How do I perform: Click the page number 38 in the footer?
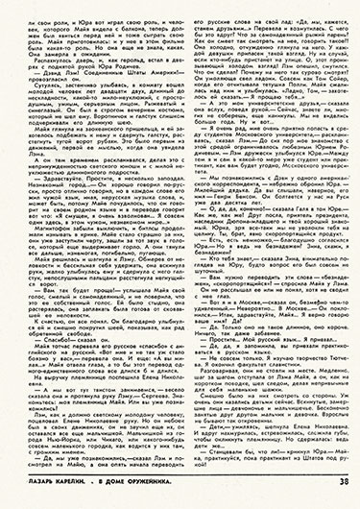tap(344, 496)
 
